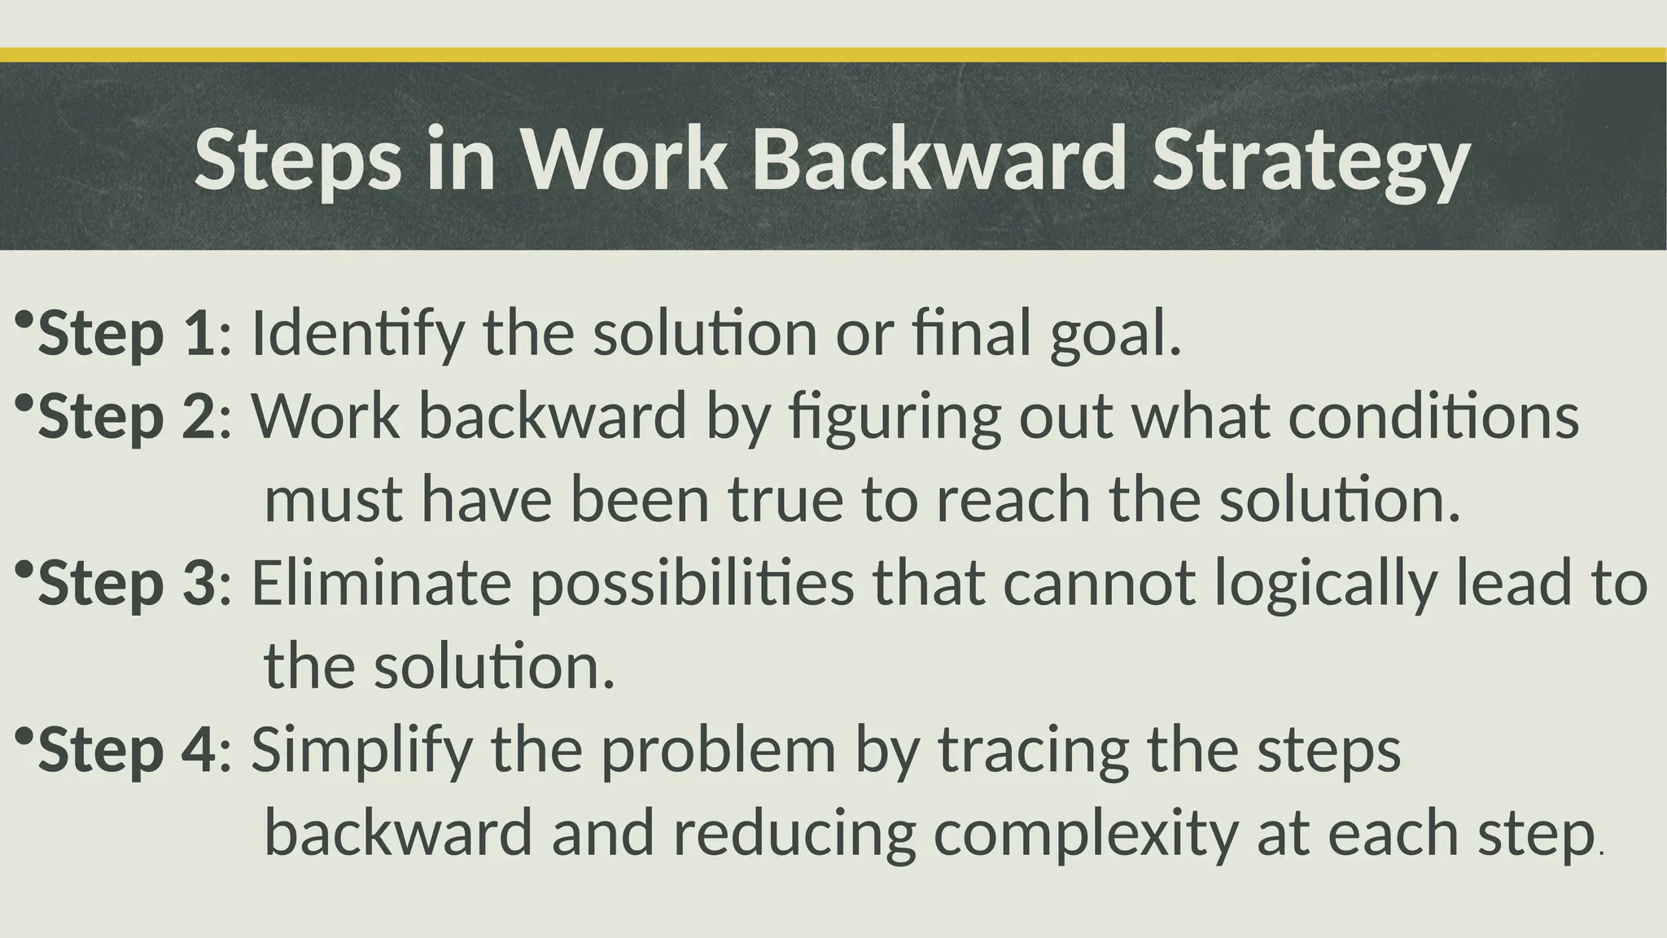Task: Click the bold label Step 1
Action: coord(127,334)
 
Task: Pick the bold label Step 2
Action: coord(127,417)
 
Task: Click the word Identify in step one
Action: coord(358,334)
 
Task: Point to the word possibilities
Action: coord(692,585)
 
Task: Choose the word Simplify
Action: coord(361,751)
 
